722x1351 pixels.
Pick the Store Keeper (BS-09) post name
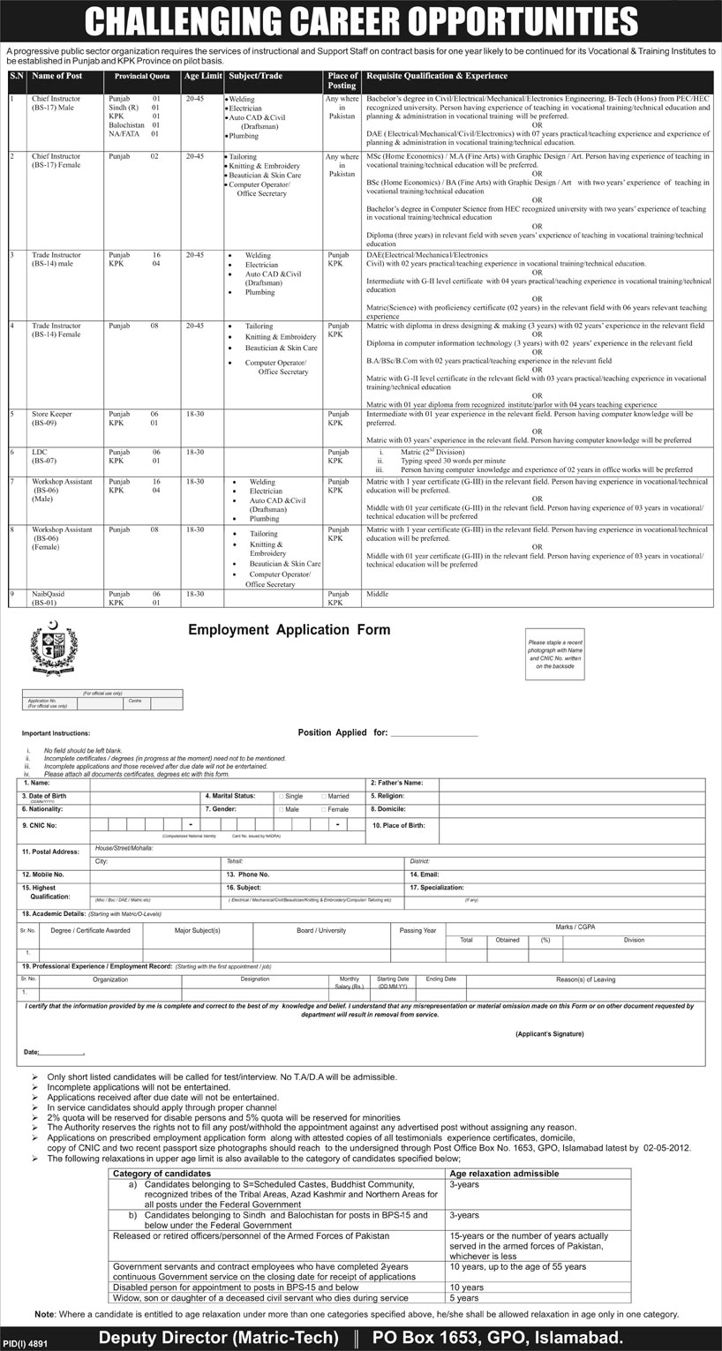click(53, 417)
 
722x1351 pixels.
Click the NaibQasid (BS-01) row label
click(49, 598)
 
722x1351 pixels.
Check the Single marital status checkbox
click(282, 796)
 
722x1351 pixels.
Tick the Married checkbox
click(324, 796)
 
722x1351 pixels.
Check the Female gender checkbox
click(324, 809)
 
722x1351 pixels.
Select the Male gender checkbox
click(282, 809)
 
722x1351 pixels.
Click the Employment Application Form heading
click(289, 630)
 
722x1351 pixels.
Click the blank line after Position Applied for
click(433, 733)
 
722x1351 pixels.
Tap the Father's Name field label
click(396, 783)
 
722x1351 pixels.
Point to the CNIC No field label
click(40, 825)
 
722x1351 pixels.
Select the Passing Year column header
click(417, 930)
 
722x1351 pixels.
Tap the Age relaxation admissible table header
click(504, 1174)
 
